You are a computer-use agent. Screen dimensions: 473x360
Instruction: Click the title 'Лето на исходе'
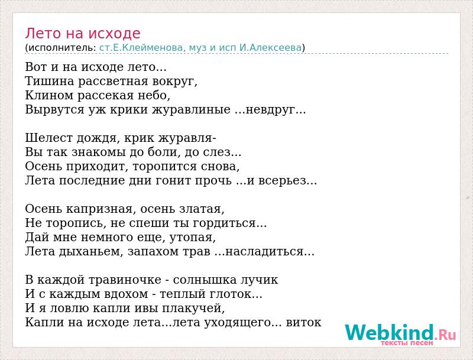click(x=83, y=34)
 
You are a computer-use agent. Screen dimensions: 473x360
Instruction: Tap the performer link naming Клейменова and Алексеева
click(x=200, y=48)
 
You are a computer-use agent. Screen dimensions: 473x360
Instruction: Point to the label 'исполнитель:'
click(x=62, y=48)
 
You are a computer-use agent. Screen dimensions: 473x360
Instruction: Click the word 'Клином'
click(x=49, y=95)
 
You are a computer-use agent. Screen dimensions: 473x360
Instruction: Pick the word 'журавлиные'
click(x=191, y=110)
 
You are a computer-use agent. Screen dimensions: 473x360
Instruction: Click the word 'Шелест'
click(x=48, y=138)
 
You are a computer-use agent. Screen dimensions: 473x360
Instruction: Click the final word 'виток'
click(x=304, y=323)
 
